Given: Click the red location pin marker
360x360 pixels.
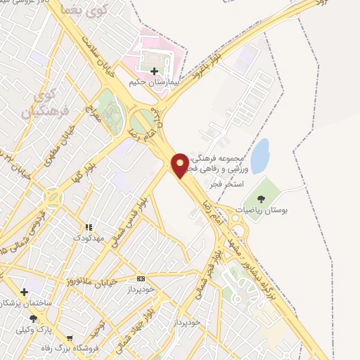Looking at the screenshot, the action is (180, 165).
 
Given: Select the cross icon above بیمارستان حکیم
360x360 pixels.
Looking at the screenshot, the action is (155, 70).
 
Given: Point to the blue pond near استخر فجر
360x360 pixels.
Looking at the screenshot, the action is (259, 155).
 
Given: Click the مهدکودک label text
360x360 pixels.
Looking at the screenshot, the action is (89, 238).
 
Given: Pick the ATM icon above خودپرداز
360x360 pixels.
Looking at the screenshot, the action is (141, 278).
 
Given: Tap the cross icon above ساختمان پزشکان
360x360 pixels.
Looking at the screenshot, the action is (25, 291).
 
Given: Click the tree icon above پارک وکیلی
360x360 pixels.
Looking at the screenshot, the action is (33, 318).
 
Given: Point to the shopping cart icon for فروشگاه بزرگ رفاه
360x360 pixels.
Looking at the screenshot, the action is (70, 340).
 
